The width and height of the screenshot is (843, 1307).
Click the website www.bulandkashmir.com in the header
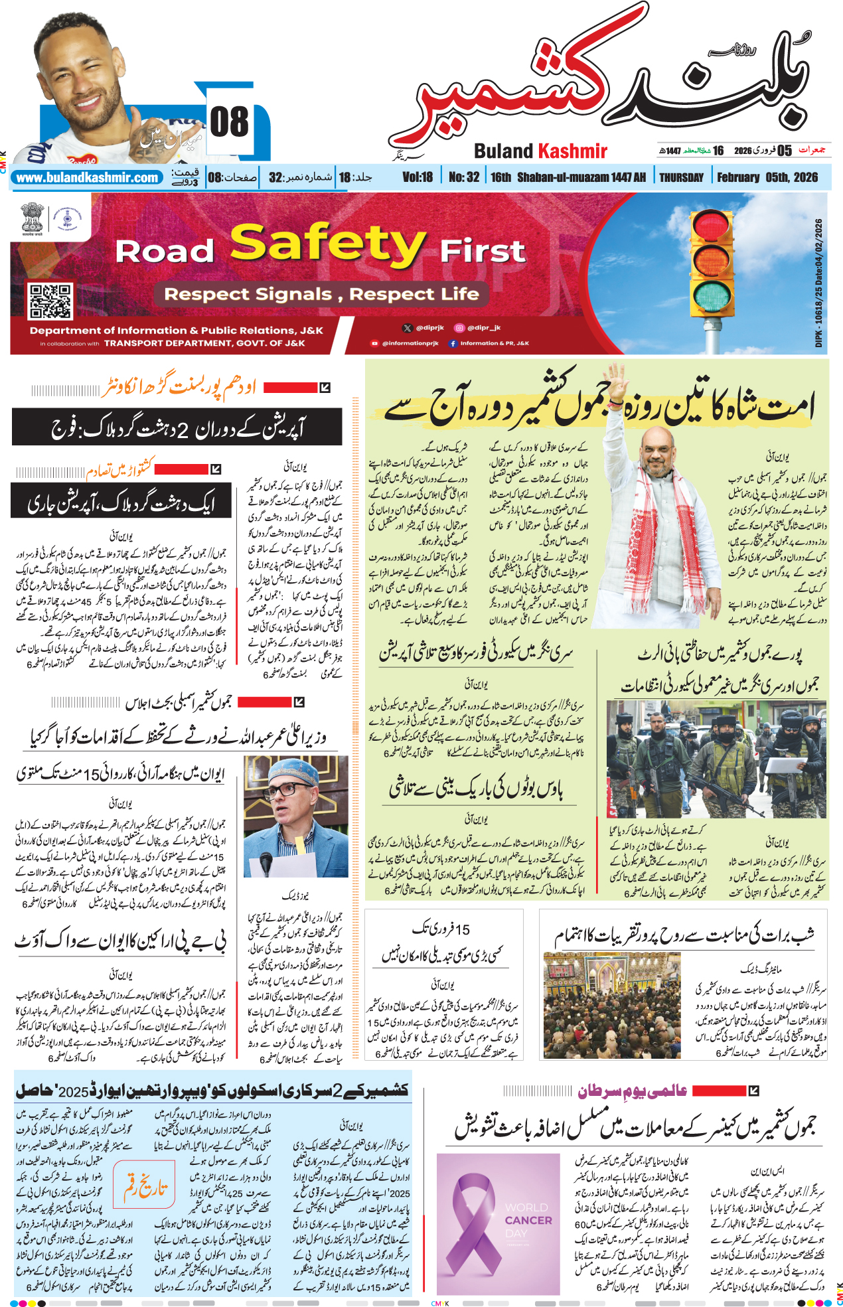[x=87, y=178]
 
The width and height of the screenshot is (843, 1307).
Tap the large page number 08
[x=229, y=123]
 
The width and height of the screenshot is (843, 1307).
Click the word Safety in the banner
[x=327, y=244]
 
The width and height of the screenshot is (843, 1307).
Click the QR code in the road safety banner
[x=50, y=301]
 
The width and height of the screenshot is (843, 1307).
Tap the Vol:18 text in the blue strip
[x=417, y=177]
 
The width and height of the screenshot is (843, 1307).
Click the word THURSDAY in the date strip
[x=681, y=177]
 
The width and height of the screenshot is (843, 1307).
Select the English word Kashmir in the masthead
[x=572, y=151]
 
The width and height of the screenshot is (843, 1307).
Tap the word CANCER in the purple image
[x=528, y=1220]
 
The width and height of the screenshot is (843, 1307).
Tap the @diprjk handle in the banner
[x=429, y=328]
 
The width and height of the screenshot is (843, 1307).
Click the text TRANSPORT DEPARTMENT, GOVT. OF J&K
[x=204, y=343]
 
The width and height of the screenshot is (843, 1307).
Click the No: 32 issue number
[x=463, y=177]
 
